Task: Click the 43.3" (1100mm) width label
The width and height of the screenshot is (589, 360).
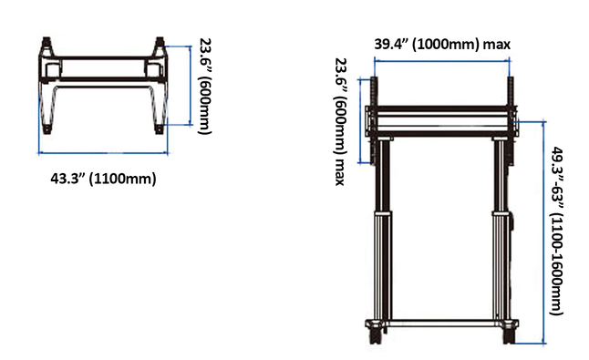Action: (x=103, y=179)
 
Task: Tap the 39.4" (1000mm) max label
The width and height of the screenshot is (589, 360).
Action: (x=442, y=45)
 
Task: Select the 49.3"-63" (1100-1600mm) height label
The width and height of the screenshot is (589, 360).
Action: (x=557, y=231)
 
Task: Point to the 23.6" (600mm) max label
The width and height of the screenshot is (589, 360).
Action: (x=340, y=121)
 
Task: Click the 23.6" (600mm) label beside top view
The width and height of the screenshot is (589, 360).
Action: (x=205, y=86)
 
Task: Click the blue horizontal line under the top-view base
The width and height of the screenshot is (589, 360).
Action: (x=103, y=153)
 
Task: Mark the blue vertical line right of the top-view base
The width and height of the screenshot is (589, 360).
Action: (x=191, y=86)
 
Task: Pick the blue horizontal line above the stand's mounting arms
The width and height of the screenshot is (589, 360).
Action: (x=442, y=60)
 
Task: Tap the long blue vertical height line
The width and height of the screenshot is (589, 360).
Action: (x=543, y=232)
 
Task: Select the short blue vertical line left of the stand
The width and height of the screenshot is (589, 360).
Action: (x=360, y=121)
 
